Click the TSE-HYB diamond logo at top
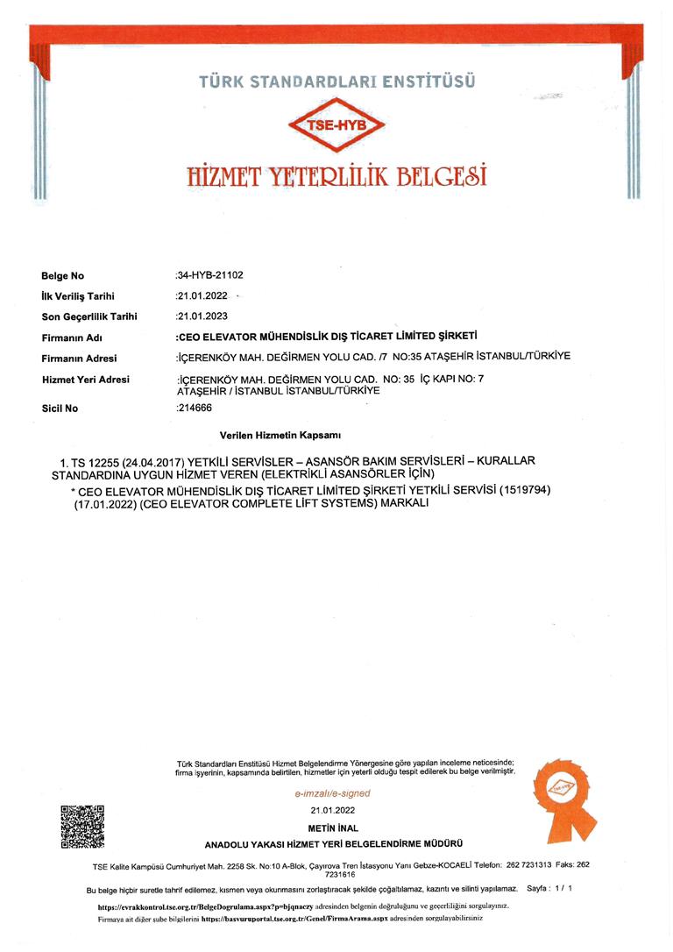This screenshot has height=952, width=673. click(x=336, y=125)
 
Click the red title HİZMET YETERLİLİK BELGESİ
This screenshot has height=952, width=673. click(x=336, y=174)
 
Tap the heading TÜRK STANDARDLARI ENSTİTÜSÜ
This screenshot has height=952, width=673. click(x=336, y=82)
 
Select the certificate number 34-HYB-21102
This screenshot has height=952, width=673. click(x=210, y=275)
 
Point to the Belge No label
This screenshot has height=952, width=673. click(x=62, y=276)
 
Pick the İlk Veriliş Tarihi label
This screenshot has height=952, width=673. click(x=78, y=296)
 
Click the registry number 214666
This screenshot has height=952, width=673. click(x=195, y=408)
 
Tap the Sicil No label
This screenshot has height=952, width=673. click(x=60, y=408)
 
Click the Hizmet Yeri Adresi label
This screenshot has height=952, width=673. click(x=85, y=379)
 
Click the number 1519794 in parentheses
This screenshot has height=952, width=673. click(x=524, y=487)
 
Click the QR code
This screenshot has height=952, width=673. click(x=82, y=826)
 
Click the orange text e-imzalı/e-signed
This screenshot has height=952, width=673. click(x=332, y=793)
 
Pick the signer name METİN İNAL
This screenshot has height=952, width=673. click(x=333, y=828)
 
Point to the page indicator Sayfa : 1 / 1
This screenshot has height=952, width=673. click(x=549, y=888)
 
